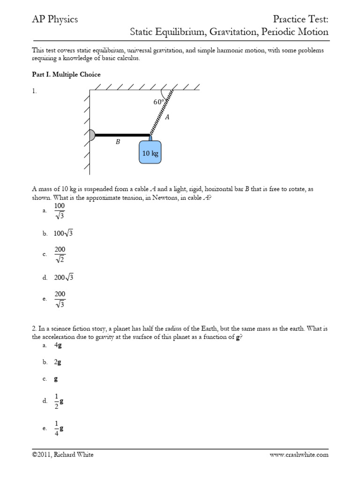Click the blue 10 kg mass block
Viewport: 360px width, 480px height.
[x=150, y=152]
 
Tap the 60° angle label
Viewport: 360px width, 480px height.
[x=158, y=102]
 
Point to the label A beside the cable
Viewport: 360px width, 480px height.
[x=167, y=118]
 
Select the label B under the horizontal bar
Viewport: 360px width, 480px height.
[x=118, y=142]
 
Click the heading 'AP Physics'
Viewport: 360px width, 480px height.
[x=55, y=19]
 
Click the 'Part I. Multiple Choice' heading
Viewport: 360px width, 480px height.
[x=66, y=75]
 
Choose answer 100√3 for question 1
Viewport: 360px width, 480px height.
[x=65, y=233]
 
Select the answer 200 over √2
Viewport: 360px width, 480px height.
[x=60, y=255]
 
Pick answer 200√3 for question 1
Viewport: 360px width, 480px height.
[x=64, y=277]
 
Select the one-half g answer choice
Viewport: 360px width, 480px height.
[x=59, y=401]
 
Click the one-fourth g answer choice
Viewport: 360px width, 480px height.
[x=59, y=428]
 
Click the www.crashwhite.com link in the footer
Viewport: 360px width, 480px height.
[x=299, y=455]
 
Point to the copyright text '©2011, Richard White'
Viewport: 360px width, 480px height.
[x=63, y=455]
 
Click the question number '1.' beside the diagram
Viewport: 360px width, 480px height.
[x=34, y=92]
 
